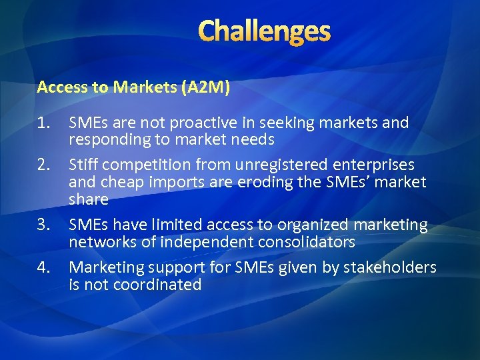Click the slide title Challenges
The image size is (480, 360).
(264, 31)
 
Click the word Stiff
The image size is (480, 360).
(84, 165)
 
